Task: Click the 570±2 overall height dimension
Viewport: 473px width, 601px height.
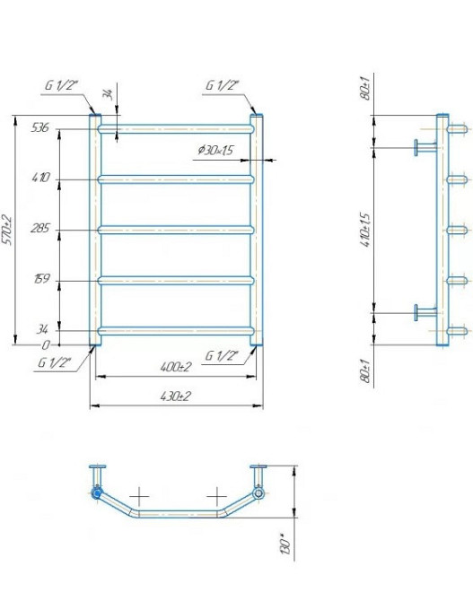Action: click(7, 230)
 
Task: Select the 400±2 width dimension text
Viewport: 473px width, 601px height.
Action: click(176, 367)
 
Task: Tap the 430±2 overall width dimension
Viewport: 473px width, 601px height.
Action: click(176, 396)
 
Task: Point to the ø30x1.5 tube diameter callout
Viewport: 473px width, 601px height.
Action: click(215, 150)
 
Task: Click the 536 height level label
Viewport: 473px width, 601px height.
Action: click(39, 127)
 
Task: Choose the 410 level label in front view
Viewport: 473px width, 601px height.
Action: click(40, 178)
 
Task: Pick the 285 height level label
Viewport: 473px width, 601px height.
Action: click(40, 229)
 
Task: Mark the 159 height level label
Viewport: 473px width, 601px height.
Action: click(42, 279)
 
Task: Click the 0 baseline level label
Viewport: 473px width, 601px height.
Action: click(46, 345)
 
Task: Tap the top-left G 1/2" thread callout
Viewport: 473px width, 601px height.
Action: click(61, 85)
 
